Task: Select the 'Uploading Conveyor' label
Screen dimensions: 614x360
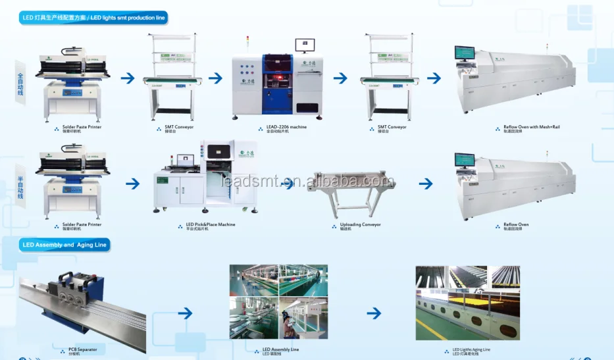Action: [x=360, y=224]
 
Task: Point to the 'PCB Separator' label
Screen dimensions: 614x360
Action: [x=82, y=349]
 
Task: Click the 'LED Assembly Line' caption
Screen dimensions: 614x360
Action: [x=280, y=349]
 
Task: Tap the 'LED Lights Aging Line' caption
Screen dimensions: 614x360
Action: [x=471, y=349]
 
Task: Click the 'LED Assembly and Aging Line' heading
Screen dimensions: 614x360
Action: [x=64, y=245]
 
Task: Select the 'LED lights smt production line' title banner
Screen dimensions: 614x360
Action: [x=93, y=18]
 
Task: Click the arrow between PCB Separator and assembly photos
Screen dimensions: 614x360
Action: [x=186, y=313]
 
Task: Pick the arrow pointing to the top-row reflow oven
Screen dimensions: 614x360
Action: [x=434, y=78]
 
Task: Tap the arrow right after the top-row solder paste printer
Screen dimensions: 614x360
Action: [x=128, y=78]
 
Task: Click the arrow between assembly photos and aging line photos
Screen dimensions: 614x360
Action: [x=373, y=313]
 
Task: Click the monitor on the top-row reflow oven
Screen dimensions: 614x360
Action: [x=465, y=53]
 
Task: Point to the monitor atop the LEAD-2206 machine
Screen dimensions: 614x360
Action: [x=305, y=45]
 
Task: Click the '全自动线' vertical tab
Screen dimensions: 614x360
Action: [x=20, y=85]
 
